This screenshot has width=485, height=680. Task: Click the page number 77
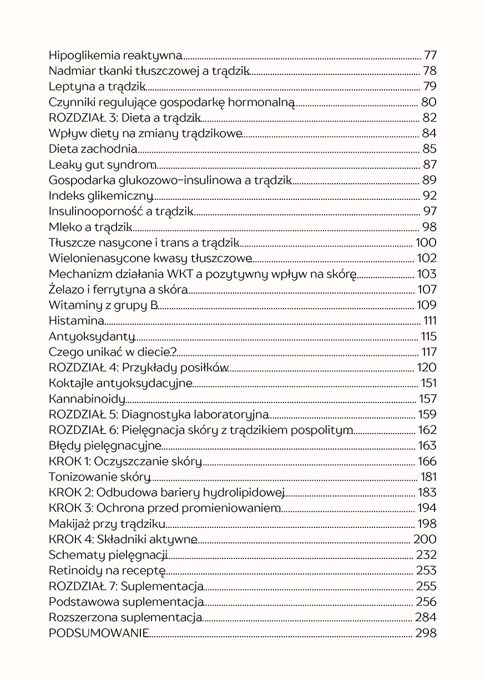click(430, 55)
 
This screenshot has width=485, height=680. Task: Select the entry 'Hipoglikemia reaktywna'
click(115, 55)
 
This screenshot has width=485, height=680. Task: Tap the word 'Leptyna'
click(68, 86)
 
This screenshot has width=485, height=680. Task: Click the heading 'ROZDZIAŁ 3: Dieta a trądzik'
click(124, 117)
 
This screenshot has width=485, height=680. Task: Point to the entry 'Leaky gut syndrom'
click(102, 164)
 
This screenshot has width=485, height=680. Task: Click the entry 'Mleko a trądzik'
click(90, 226)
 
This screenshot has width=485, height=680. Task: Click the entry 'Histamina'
click(76, 320)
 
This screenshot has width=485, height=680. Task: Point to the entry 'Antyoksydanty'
click(92, 336)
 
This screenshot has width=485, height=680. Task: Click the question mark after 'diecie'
click(174, 352)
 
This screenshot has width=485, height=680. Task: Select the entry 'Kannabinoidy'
click(87, 399)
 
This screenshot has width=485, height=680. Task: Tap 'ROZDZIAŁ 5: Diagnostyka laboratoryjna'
click(159, 414)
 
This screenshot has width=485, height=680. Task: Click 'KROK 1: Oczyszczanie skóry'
click(125, 461)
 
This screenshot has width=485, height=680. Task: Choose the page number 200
click(425, 539)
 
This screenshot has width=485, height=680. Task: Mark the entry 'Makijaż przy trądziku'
click(107, 523)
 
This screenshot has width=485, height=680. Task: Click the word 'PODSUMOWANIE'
click(98, 633)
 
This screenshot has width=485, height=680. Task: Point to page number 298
click(426, 633)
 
